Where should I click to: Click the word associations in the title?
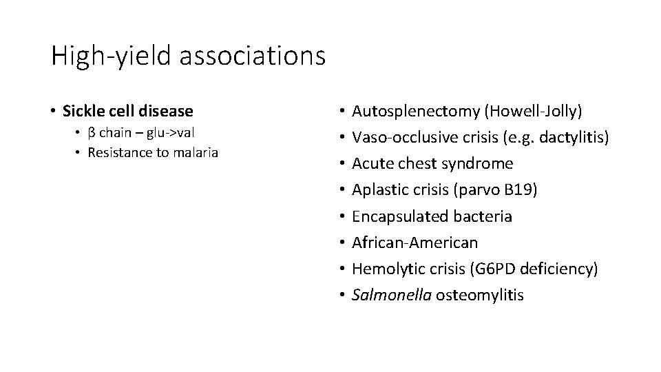tap(252, 55)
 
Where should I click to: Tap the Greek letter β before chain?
tap(92, 132)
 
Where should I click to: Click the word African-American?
tap(415, 242)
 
